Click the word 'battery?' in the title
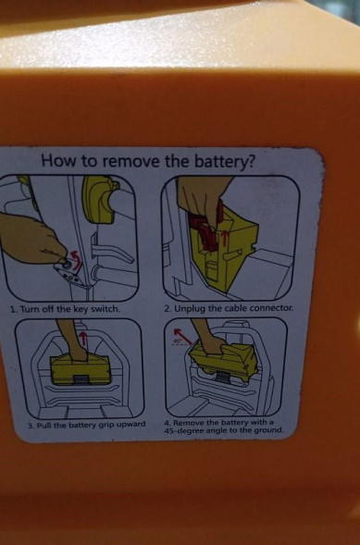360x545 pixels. (x=223, y=161)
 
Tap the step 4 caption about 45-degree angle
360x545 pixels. (x=224, y=427)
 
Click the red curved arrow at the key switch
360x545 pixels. (x=75, y=257)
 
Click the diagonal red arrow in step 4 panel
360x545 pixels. (x=182, y=335)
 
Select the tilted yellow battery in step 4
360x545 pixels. (x=225, y=362)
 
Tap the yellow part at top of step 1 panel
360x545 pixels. (x=99, y=199)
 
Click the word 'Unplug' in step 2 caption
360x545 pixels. (x=190, y=308)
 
